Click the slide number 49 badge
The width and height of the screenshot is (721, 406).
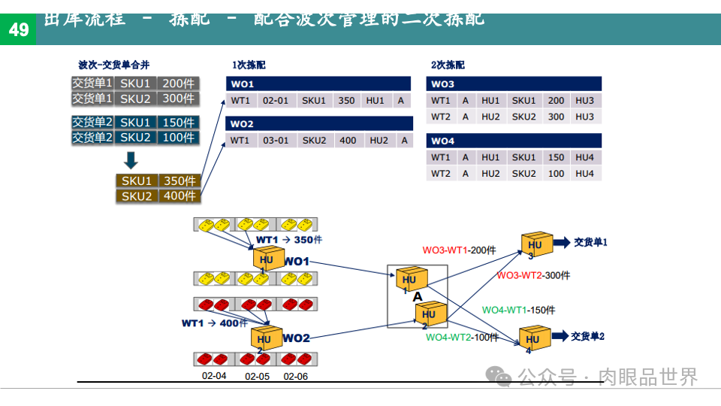(18, 29)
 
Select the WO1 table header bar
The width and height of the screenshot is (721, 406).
(318, 84)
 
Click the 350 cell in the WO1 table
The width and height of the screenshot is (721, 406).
(346, 101)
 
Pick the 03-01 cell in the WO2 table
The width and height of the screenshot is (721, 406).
(276, 141)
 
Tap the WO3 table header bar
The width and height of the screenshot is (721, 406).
(514, 84)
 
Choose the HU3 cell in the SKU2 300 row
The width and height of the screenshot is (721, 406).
(584, 117)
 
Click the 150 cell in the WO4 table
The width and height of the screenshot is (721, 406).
(556, 157)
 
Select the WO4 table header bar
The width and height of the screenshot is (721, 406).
(514, 141)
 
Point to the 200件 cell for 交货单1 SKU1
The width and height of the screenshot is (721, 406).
(178, 83)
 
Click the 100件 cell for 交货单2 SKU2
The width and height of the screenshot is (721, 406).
(178, 138)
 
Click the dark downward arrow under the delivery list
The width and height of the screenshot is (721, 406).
(131, 159)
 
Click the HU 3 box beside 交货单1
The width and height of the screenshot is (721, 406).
(535, 244)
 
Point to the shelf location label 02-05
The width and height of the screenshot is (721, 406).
(257, 376)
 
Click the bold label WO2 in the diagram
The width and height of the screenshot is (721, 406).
(296, 338)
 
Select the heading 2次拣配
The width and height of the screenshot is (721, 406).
(448, 65)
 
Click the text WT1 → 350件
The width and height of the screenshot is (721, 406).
(289, 240)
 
